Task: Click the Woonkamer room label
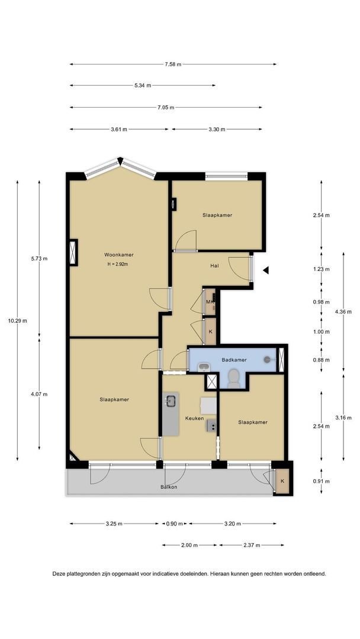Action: pos(118,254)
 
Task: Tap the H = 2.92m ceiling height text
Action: pos(118,264)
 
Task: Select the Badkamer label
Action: pos(234,360)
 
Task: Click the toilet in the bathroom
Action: pos(234,379)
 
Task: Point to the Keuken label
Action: pos(194,418)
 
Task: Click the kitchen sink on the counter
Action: pos(171,401)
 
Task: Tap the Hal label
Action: pos(214,266)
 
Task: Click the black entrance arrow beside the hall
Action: pos(266,270)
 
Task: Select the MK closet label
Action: pos(210,302)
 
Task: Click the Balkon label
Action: pos(169,486)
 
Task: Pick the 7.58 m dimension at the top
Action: pos(173,64)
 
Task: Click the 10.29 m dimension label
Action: pos(18,320)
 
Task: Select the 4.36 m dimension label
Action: pos(343,312)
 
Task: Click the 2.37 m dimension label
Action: pos(252,545)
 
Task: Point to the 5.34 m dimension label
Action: pos(143,86)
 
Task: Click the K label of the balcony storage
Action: pos(282,481)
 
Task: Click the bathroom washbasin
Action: pos(203,367)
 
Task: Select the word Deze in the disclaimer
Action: pos(59,574)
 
